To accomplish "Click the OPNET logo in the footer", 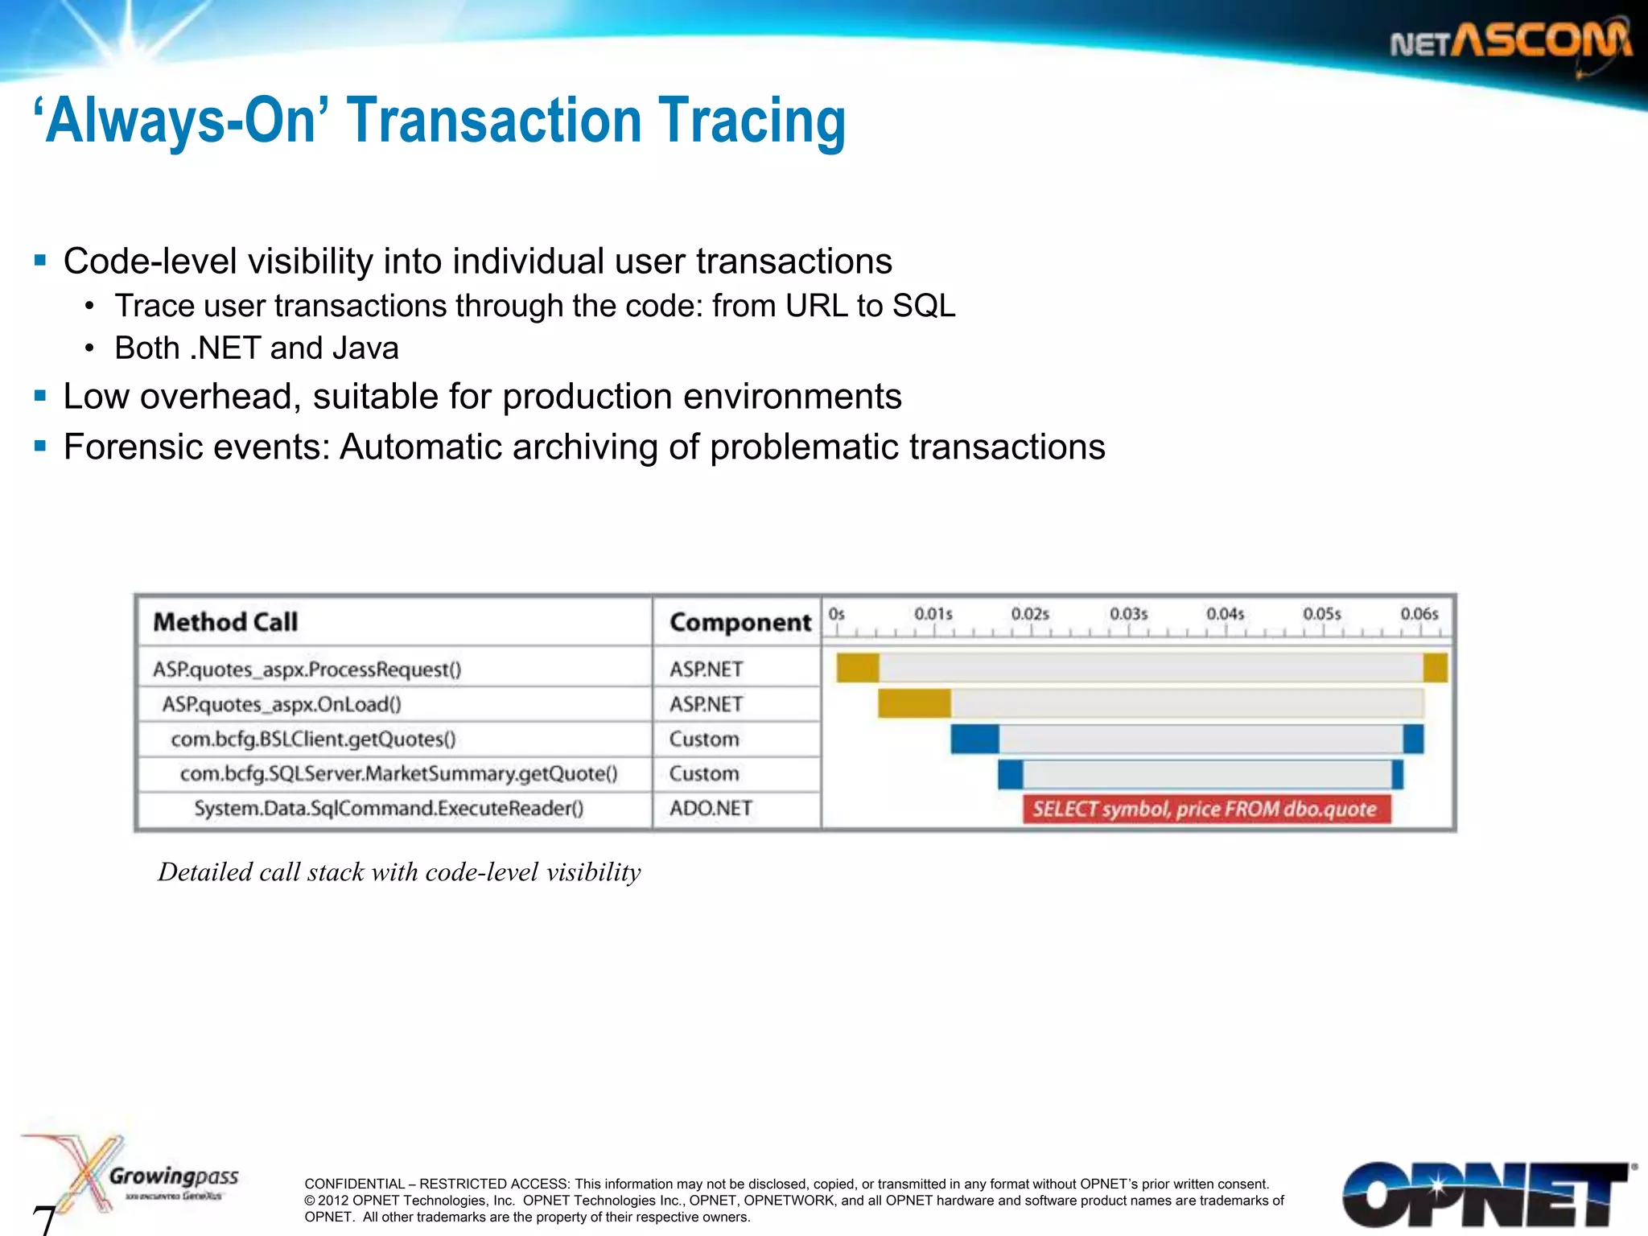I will [1485, 1194].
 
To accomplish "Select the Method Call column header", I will [225, 622].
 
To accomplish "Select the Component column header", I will [740, 622].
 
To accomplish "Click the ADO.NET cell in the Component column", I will [711, 808].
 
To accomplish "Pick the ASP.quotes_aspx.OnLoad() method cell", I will [282, 704].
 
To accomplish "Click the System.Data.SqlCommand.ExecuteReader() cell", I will [389, 808].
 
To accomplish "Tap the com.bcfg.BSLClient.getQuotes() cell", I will [313, 739].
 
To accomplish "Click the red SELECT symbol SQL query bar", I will [1205, 809].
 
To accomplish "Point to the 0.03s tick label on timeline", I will [1128, 614].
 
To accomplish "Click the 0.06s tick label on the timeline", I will [1419, 614].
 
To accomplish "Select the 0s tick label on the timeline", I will [837, 614].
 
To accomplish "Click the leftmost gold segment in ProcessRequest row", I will [857, 668].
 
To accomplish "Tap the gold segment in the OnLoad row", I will [914, 703].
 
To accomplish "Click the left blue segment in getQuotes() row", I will [974, 739].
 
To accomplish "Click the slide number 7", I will [44, 1218].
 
